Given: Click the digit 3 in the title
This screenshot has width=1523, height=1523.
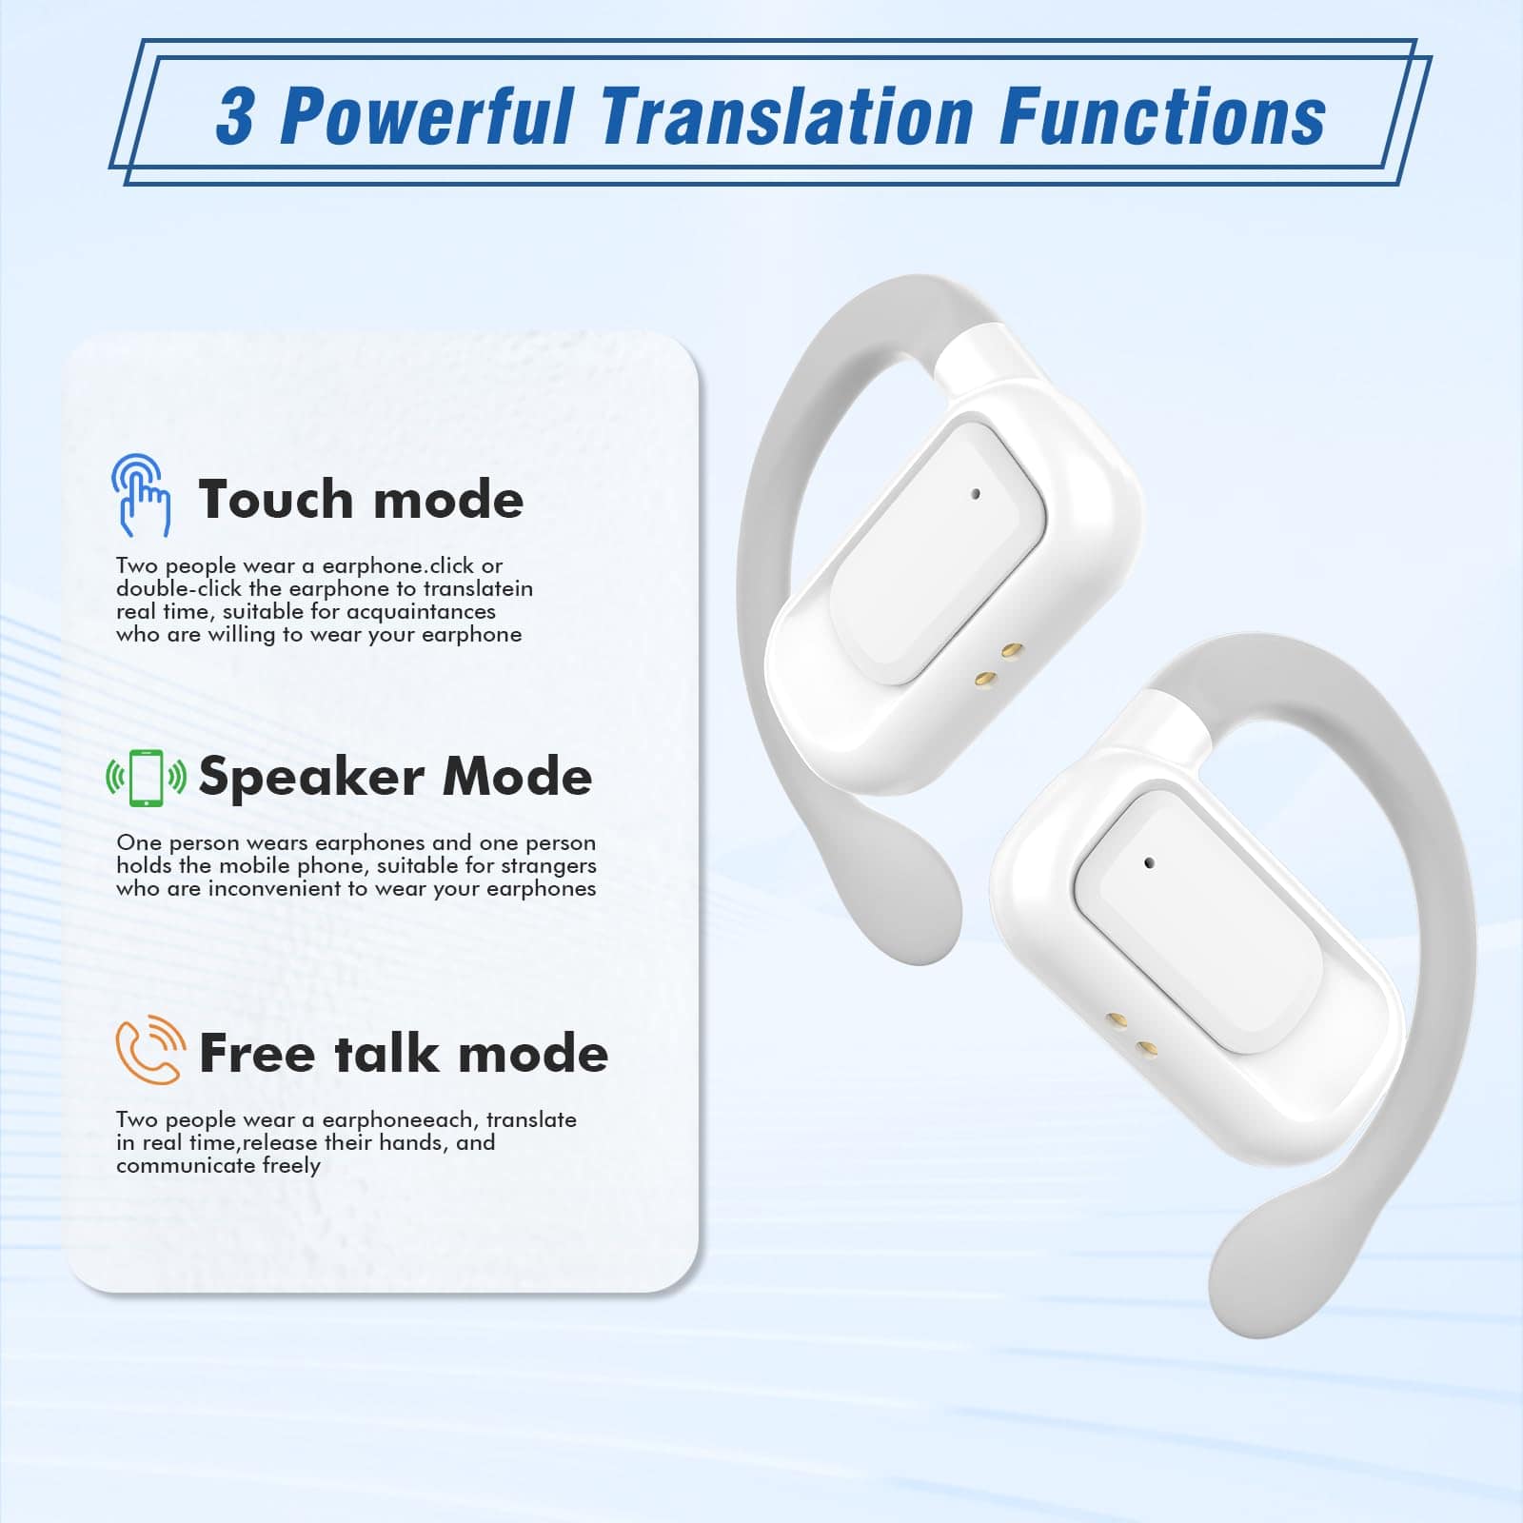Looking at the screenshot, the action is click(235, 117).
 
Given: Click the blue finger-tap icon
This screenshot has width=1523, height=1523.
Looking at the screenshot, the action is click(141, 495).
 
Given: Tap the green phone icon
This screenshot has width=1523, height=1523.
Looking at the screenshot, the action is click(146, 778).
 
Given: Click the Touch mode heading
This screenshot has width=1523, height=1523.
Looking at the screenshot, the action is click(361, 499).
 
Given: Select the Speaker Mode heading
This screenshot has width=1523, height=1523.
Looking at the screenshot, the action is click(395, 778).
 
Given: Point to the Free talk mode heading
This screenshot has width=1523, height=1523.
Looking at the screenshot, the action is click(404, 1053).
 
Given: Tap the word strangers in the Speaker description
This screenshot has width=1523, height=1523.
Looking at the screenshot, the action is click(547, 866).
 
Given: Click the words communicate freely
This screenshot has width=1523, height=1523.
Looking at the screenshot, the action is click(218, 1166).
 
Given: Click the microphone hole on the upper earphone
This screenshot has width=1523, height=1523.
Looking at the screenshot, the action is click(976, 494).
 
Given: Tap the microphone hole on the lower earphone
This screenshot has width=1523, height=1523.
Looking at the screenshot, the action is click(1149, 863).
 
